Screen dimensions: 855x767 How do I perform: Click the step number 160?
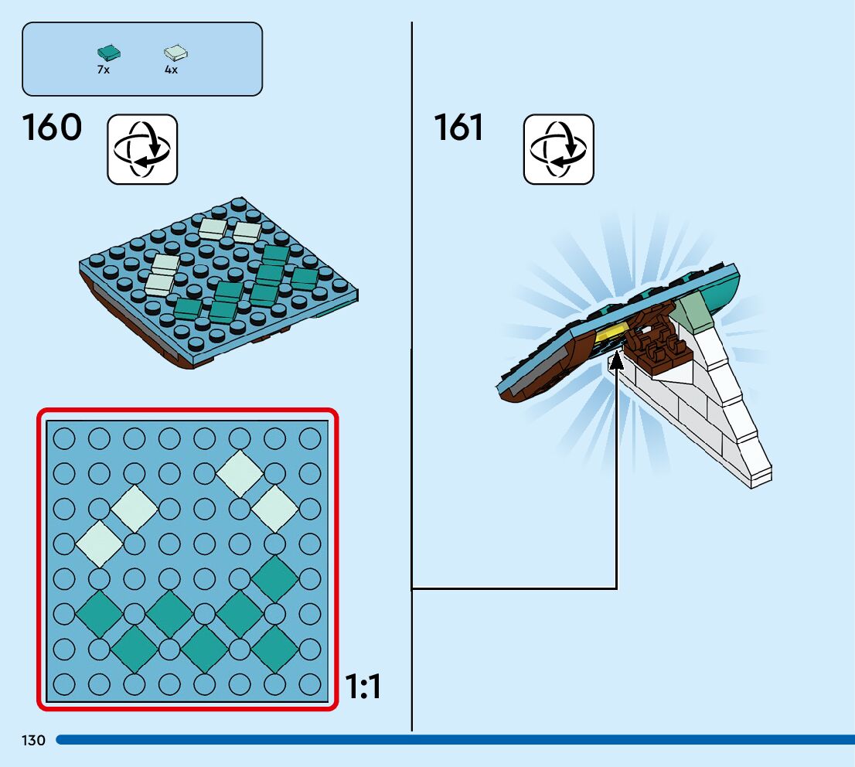(52, 128)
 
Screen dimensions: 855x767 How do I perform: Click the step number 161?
(458, 128)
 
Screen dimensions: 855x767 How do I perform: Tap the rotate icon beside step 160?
(142, 149)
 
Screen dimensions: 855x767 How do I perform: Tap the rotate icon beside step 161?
(559, 149)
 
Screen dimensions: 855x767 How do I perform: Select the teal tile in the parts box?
(109, 53)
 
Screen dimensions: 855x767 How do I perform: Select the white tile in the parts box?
(176, 53)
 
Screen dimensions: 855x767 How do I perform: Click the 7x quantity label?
(104, 70)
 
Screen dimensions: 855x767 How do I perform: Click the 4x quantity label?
(171, 70)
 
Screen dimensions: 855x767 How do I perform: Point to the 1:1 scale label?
(363, 687)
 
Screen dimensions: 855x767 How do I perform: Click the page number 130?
(34, 741)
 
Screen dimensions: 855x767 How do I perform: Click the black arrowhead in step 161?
(616, 360)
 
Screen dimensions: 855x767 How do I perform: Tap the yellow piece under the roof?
(612, 334)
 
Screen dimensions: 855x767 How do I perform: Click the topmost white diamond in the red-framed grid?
(240, 473)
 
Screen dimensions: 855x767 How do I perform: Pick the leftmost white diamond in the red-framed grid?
(98, 543)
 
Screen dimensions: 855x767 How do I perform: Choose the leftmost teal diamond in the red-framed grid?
(98, 614)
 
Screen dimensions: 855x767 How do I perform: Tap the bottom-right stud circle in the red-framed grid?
(309, 683)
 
